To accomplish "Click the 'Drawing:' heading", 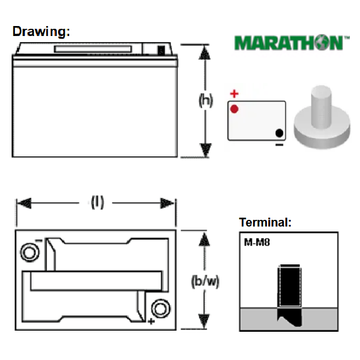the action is coord(41,32).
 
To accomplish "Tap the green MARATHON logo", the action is coord(291,43).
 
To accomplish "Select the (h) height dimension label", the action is coord(205,100).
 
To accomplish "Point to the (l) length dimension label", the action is coord(97,202).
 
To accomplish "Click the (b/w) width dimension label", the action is coord(205,281).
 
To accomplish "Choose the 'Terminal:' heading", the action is coord(265,222).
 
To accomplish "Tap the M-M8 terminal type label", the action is coord(257,242).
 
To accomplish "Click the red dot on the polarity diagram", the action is coord(234,109).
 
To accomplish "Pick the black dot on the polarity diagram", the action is coord(279,133).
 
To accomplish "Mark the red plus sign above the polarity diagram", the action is coord(234,94).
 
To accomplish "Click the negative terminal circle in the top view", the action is coord(30,253).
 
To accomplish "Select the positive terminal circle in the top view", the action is coord(161,308).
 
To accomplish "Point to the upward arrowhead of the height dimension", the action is coord(204,53).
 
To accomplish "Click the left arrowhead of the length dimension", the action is coord(24,203).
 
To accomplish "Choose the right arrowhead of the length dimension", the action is coord(167,203).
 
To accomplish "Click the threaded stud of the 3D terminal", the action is coord(321,106).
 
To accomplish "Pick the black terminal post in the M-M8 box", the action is coord(290,295).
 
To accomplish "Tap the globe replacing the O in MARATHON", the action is coord(322,43).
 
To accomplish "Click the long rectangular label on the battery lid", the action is coord(92,49).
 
